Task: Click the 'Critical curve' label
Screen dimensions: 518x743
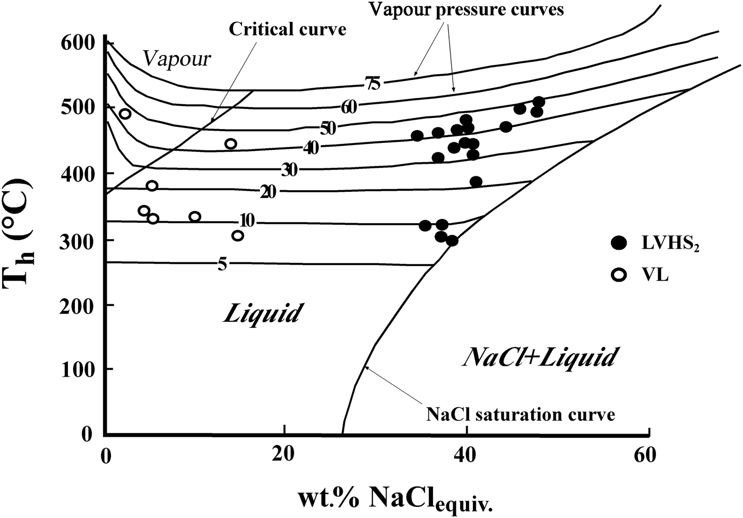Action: (287, 29)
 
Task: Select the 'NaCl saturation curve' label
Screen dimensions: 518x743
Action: (521, 413)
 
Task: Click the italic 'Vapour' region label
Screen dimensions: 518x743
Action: (177, 58)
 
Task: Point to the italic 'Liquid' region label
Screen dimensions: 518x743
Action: (262, 313)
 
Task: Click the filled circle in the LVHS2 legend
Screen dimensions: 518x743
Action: (619, 243)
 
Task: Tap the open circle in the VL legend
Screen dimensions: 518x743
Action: (619, 275)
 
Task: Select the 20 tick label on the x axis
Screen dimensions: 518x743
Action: (285, 455)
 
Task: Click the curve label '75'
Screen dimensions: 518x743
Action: (373, 83)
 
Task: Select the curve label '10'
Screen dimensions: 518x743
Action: (247, 220)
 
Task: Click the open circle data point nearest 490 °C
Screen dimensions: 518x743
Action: (125, 114)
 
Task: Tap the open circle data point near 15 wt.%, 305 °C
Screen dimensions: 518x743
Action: (238, 235)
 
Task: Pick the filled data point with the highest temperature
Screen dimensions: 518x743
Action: (539, 101)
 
